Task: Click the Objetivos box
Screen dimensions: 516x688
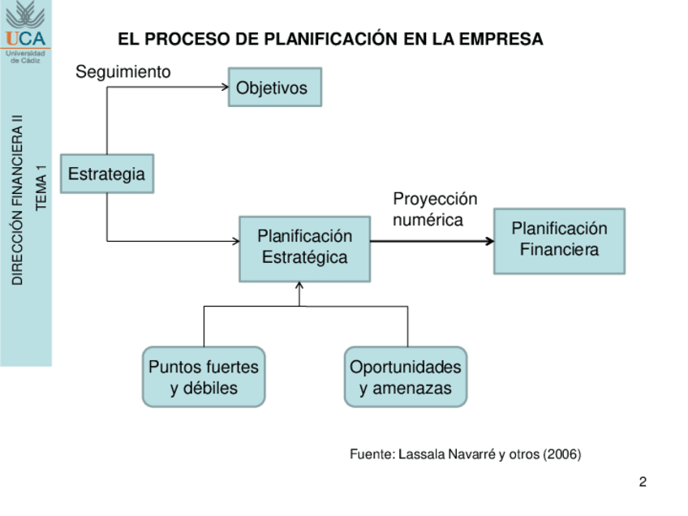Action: tap(275, 87)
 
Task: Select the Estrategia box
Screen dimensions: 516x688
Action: tap(107, 174)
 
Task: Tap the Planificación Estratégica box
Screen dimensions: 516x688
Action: tap(304, 247)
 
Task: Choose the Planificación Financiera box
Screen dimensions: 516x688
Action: tap(559, 240)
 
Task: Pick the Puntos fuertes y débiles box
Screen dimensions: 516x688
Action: tap(204, 377)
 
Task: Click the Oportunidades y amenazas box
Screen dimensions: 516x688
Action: tap(406, 377)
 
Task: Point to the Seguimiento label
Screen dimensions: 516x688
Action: tap(123, 72)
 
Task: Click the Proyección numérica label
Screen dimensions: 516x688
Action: tap(435, 209)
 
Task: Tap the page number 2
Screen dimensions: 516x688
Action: tap(643, 483)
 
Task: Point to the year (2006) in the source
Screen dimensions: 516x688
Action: tap(561, 454)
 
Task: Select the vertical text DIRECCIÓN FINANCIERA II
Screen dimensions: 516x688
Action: tap(17, 199)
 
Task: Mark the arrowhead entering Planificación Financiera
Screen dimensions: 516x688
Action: tap(489, 241)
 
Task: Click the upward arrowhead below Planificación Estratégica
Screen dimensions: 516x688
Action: tap(299, 286)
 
